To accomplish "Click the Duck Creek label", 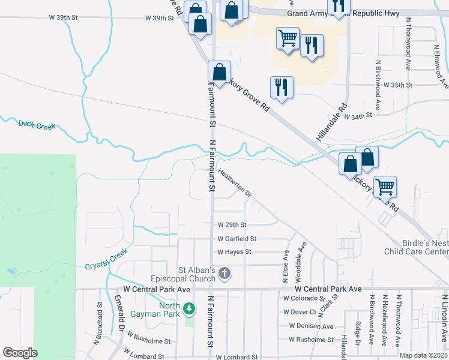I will [x=37, y=125].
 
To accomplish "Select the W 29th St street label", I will [x=232, y=225].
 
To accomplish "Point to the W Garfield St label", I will [x=237, y=239].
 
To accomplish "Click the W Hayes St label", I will [x=234, y=252].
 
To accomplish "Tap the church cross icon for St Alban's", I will [x=224, y=274].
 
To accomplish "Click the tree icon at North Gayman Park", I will [x=190, y=308].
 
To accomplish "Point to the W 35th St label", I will [x=398, y=85].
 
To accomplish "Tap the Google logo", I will [x=20, y=353].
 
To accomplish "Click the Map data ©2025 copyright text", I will [x=423, y=355].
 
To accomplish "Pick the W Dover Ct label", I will [x=300, y=312].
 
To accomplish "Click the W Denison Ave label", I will [x=310, y=326].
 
